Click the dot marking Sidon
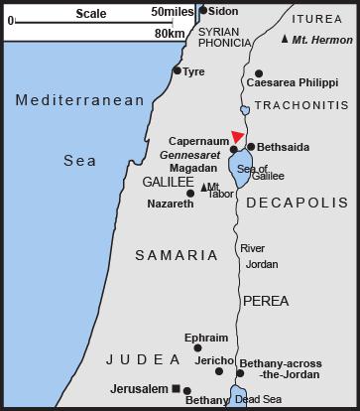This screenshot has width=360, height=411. (203, 11)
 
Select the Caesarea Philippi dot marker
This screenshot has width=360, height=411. (259, 73)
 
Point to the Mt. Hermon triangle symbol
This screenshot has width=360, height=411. (285, 39)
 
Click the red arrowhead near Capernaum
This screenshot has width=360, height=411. (236, 137)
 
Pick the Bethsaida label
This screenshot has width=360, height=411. (283, 147)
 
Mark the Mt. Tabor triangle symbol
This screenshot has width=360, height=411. (204, 187)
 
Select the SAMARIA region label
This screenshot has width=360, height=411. (176, 255)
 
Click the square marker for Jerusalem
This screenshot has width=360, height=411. (175, 388)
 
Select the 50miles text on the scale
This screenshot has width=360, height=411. (172, 11)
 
